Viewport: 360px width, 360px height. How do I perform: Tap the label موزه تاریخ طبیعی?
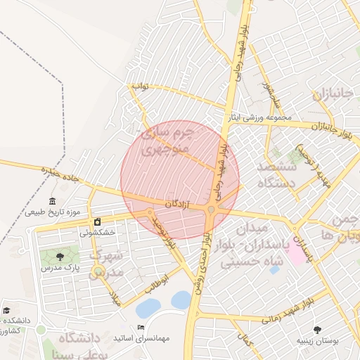[53, 212]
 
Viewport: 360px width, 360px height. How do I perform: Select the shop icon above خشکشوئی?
[97, 221]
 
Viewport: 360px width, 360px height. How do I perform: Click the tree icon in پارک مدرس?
[59, 257]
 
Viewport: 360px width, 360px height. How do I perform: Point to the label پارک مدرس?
[59, 268]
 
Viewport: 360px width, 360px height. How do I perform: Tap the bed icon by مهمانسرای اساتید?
[141, 328]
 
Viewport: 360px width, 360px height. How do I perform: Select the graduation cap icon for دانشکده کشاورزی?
[6, 310]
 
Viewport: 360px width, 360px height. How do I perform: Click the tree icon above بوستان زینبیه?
[316, 329]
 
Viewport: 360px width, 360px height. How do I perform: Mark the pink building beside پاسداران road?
[296, 252]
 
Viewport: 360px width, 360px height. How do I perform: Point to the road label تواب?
[140, 86]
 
